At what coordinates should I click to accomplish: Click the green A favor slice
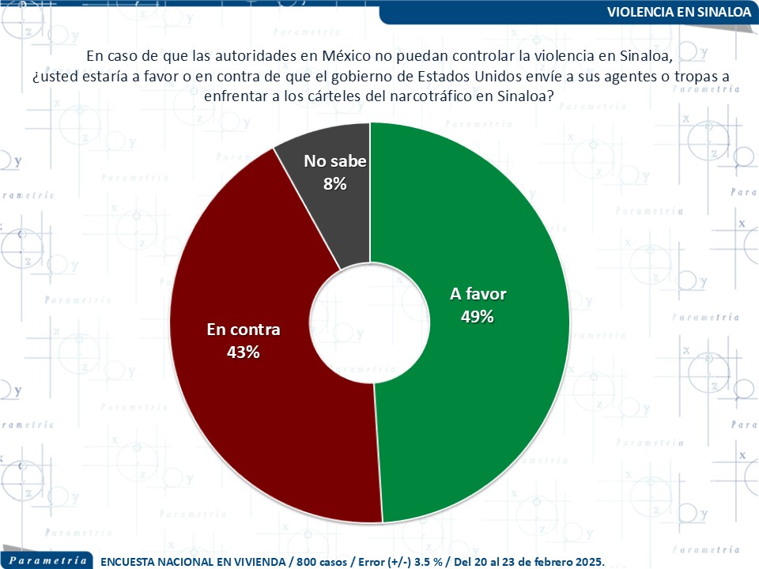490,395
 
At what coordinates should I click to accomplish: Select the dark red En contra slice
237,411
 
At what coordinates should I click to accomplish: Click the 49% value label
478,317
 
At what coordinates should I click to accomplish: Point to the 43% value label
244,352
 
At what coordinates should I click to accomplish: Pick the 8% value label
335,183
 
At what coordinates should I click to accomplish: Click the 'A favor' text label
478,295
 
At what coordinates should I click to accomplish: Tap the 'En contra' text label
244,330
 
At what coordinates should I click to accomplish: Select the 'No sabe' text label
335,162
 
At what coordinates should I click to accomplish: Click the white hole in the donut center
370,322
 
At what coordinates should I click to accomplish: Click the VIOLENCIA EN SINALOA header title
679,13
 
